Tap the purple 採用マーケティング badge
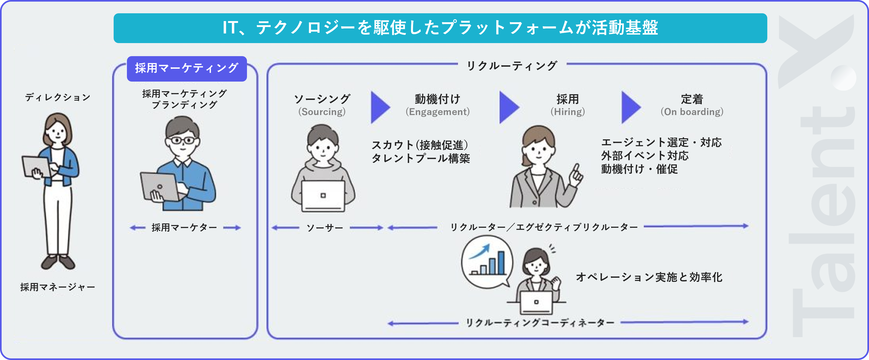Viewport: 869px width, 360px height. click(186, 69)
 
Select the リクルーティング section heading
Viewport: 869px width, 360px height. click(512, 66)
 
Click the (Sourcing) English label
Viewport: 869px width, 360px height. click(322, 112)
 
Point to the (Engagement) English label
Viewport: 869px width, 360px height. click(438, 112)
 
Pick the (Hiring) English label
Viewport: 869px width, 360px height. click(568, 112)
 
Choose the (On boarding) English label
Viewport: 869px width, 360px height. click(692, 112)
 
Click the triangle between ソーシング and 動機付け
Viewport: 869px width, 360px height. click(380, 107)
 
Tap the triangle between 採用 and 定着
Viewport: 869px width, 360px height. click(630, 107)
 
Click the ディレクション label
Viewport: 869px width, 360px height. click(58, 98)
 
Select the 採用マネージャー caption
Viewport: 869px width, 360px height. click(58, 287)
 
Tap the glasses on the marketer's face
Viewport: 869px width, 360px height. click(183, 140)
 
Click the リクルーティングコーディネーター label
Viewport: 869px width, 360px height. click(540, 323)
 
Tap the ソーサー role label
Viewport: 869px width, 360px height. click(324, 228)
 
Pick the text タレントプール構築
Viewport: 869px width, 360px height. click(421, 158)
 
